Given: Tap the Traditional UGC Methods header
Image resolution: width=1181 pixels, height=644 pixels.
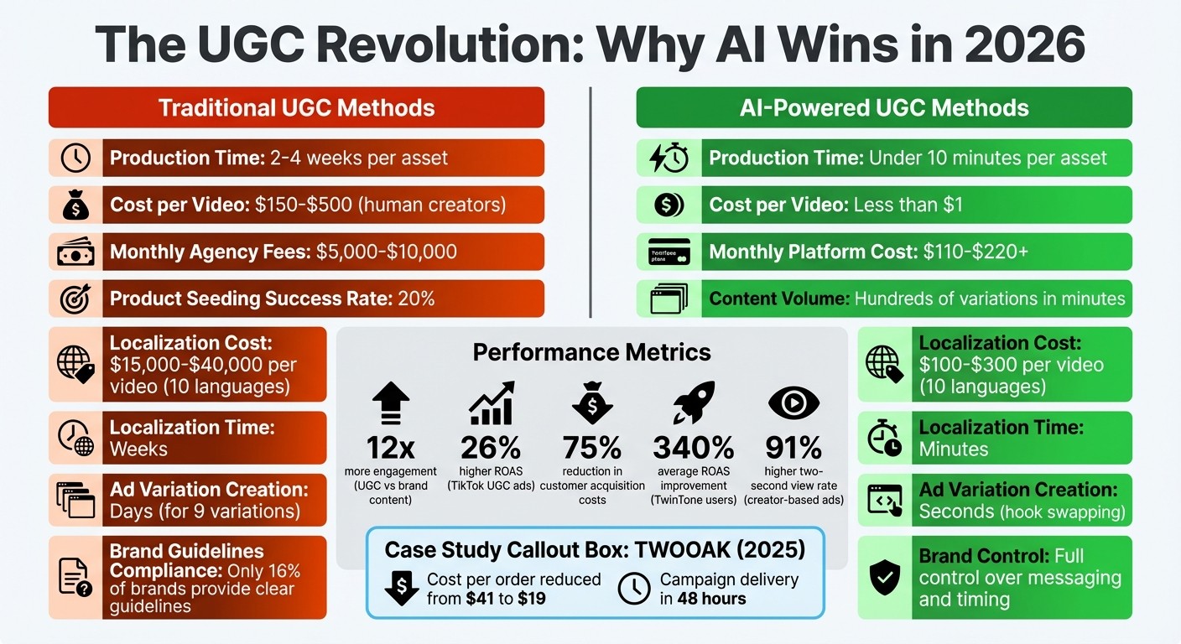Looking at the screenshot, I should click(296, 107).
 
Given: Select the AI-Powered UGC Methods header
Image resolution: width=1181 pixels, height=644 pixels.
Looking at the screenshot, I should click(884, 107).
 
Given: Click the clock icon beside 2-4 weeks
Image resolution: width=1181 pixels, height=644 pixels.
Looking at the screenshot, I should click(75, 158).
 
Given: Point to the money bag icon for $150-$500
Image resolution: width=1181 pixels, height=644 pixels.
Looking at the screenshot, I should click(75, 205).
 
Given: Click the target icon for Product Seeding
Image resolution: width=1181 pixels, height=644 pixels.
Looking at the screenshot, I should click(75, 299).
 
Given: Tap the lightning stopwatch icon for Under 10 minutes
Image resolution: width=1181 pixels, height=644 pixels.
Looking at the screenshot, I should click(669, 158).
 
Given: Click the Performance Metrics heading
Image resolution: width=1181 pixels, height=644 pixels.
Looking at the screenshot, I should click(592, 351).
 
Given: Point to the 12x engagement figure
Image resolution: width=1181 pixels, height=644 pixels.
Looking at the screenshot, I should click(391, 447).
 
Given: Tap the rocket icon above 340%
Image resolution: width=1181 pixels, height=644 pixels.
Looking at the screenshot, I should click(693, 402).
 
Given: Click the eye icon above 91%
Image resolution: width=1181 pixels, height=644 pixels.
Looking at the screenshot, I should click(793, 403).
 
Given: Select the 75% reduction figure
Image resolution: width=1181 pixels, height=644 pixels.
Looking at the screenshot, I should click(592, 447).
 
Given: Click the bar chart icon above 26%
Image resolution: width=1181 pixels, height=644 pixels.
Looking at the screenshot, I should click(492, 403).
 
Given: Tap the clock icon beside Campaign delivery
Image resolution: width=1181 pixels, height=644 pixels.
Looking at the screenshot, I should click(634, 589).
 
